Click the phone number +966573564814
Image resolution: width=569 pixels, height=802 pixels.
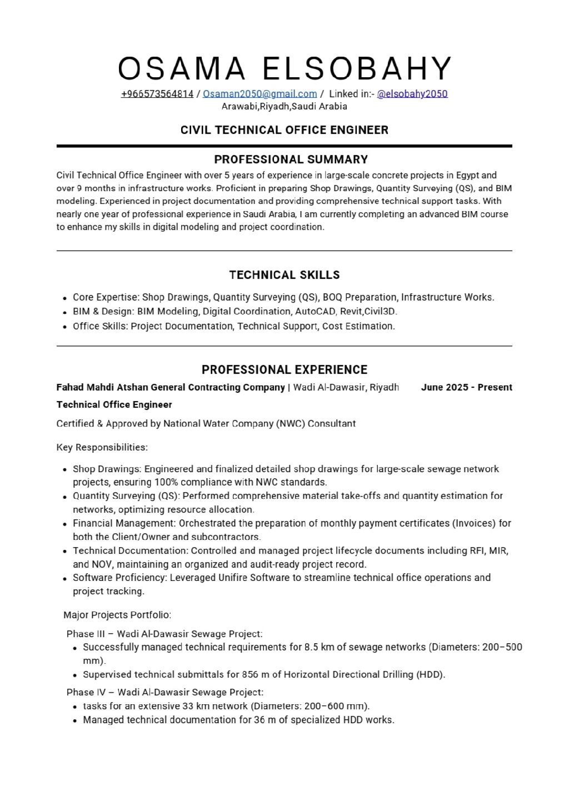[x=157, y=94]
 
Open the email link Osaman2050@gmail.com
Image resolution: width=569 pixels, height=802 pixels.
[x=259, y=94]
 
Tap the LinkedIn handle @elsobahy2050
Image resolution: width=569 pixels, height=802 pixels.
[x=412, y=94]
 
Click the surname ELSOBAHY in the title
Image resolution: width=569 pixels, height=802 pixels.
[x=357, y=68]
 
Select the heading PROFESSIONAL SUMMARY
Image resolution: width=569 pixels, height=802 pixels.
[x=291, y=159]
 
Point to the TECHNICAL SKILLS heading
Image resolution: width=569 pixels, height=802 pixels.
[x=284, y=275]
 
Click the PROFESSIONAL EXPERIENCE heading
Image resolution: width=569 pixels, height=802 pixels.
[x=284, y=370]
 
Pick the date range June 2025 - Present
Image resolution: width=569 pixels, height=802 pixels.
[x=466, y=387]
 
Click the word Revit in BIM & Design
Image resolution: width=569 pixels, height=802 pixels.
[x=351, y=312]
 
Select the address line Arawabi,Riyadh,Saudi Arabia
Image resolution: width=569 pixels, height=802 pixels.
[x=284, y=107]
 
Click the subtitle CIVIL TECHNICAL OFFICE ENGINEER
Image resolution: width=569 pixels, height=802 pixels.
[x=284, y=130]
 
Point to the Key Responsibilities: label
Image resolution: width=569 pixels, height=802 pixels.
[x=102, y=448]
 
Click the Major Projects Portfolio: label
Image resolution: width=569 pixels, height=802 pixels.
[x=117, y=615]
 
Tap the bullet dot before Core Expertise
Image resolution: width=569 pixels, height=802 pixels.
[x=66, y=298]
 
